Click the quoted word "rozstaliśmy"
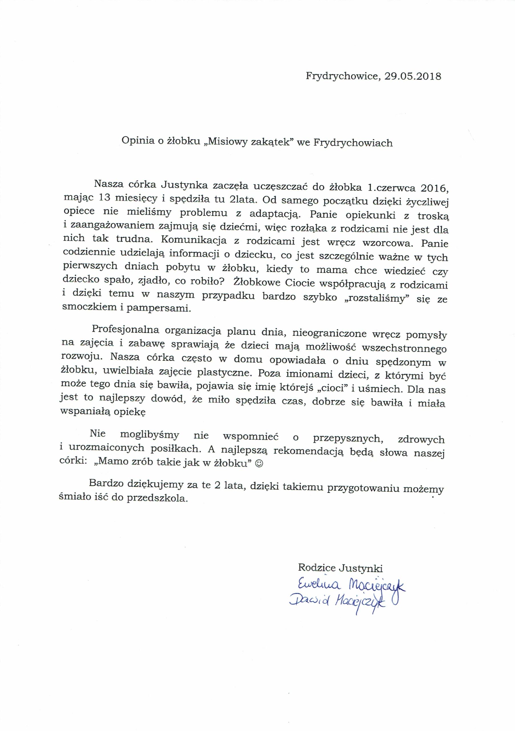pos(374,298)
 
